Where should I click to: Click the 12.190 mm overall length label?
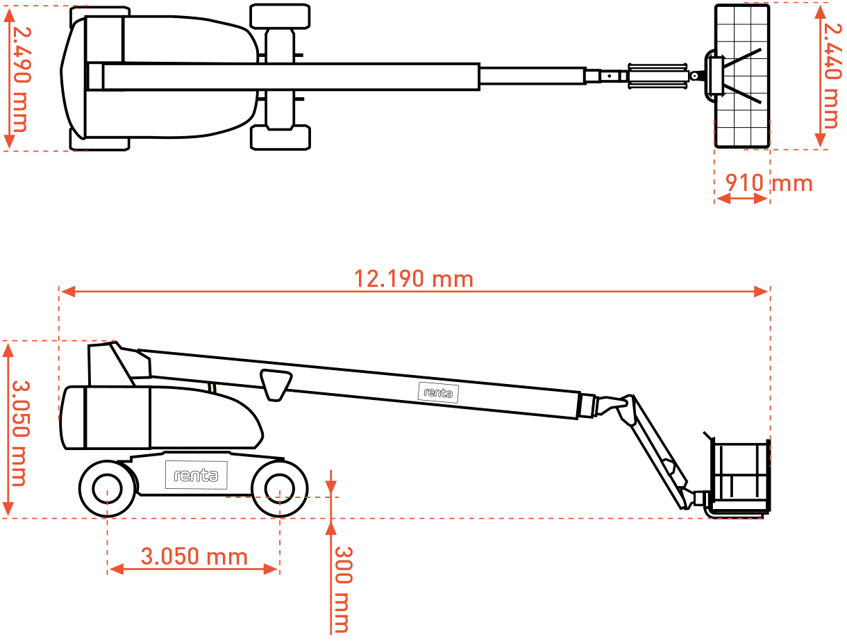(414, 278)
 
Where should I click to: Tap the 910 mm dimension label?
(769, 183)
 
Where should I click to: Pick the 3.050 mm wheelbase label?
(194, 556)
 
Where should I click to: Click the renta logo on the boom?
(439, 392)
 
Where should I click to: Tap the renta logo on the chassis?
(196, 475)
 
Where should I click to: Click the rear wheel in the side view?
(108, 489)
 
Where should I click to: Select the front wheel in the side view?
(280, 489)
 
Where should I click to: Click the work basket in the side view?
(740, 478)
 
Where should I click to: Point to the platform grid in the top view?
(742, 75)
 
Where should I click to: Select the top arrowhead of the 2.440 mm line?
(820, 13)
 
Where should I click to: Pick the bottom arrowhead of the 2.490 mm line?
(9, 142)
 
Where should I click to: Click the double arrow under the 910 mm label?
(741, 199)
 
